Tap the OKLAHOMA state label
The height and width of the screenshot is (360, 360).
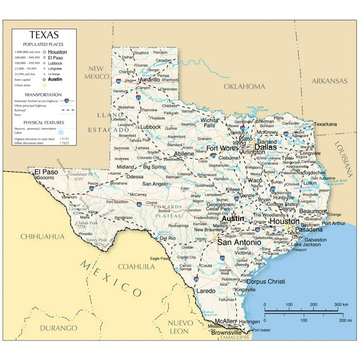(x=244, y=86)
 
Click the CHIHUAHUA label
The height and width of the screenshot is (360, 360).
(x=42, y=236)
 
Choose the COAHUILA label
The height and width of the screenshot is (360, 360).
(x=135, y=266)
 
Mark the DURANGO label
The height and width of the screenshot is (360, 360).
(x=57, y=327)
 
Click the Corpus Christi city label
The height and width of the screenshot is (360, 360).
(x=265, y=281)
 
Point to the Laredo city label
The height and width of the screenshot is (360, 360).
(x=206, y=291)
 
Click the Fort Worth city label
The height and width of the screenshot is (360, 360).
(x=222, y=148)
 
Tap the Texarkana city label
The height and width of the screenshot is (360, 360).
(x=325, y=124)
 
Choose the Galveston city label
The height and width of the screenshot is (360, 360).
(x=316, y=239)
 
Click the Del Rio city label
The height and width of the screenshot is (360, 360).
(x=167, y=238)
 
